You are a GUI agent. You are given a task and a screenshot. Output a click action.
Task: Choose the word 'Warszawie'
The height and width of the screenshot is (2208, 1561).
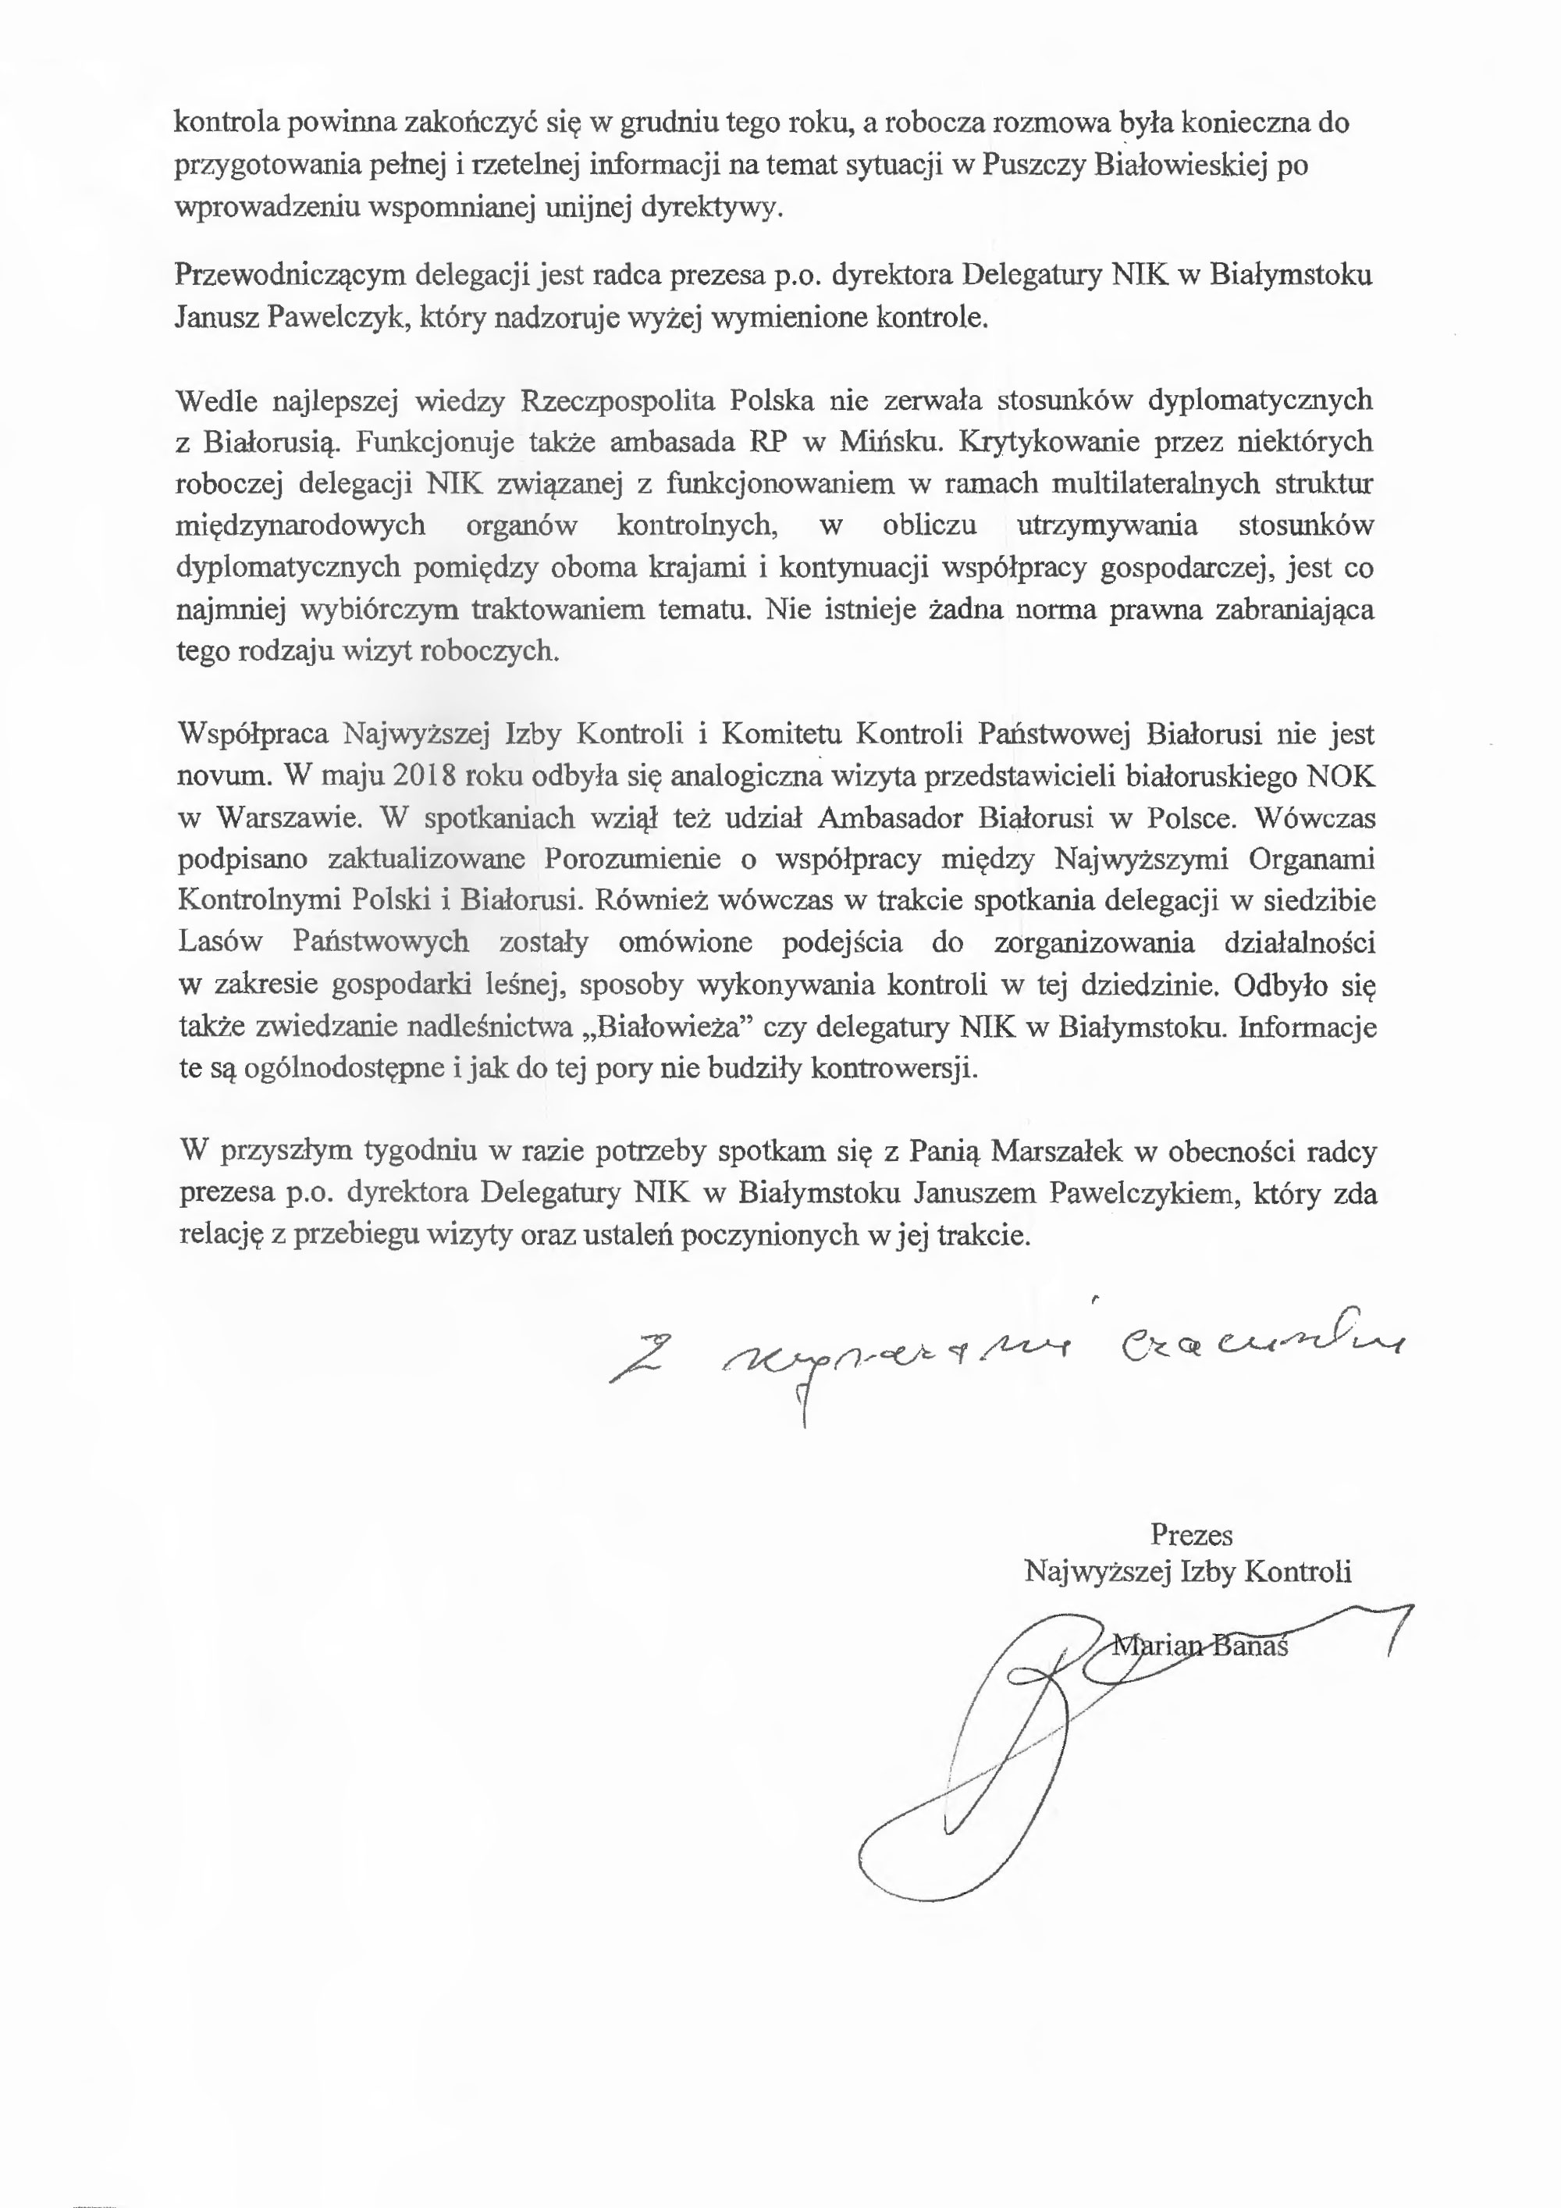pos(288,818)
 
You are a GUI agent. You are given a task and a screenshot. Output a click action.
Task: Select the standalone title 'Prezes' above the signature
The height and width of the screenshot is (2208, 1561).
pos(1191,1535)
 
